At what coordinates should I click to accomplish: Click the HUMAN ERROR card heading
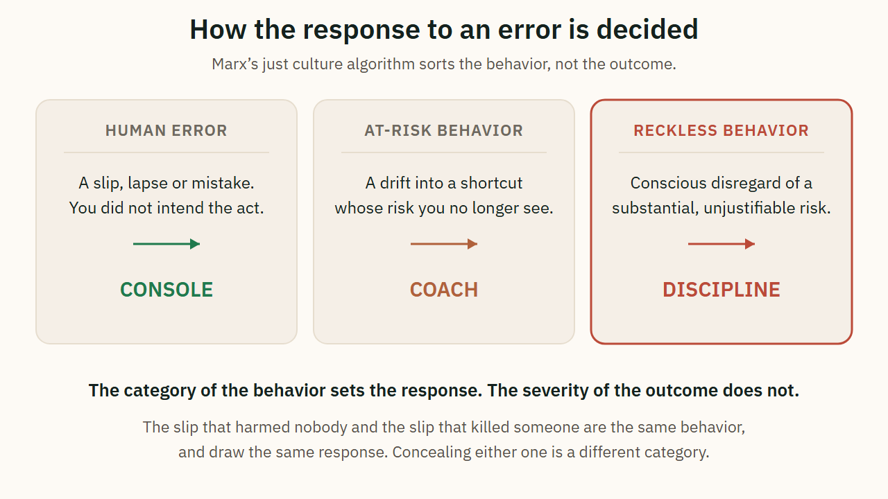click(x=166, y=131)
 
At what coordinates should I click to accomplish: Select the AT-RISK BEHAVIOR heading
click(x=443, y=131)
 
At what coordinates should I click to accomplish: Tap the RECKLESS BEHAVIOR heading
click(x=721, y=131)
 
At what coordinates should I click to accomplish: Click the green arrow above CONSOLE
click(x=166, y=244)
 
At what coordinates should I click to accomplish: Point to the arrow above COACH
click(x=444, y=244)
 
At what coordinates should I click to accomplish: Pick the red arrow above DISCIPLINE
click(x=721, y=244)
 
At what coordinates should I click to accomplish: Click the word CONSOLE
click(x=166, y=290)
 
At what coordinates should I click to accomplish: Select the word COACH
click(x=444, y=290)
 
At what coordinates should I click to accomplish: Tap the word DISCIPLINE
click(x=721, y=290)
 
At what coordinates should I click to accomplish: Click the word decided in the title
click(x=647, y=30)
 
